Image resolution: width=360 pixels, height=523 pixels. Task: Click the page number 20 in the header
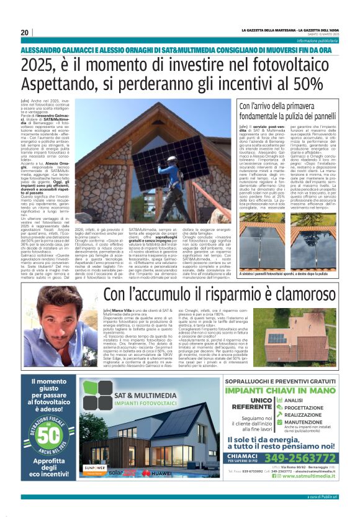click(24, 32)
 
